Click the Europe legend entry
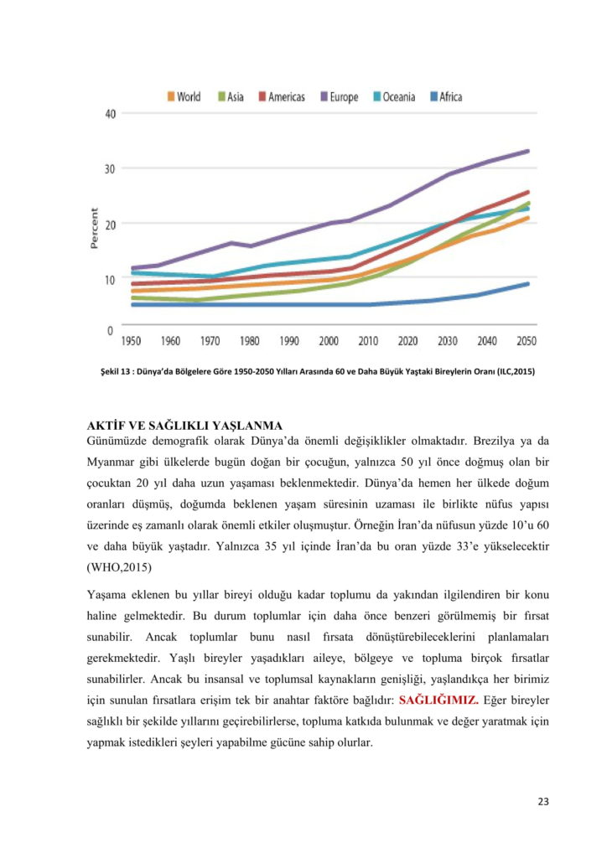pos(338,97)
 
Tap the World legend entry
pos(184,97)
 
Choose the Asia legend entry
pos(231,97)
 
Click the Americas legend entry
pos(281,97)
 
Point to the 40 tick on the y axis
pos(109,114)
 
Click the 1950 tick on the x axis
pos(132,341)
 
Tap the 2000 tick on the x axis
pos(329,341)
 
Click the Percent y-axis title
pos(95,228)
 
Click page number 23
pos(542,802)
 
